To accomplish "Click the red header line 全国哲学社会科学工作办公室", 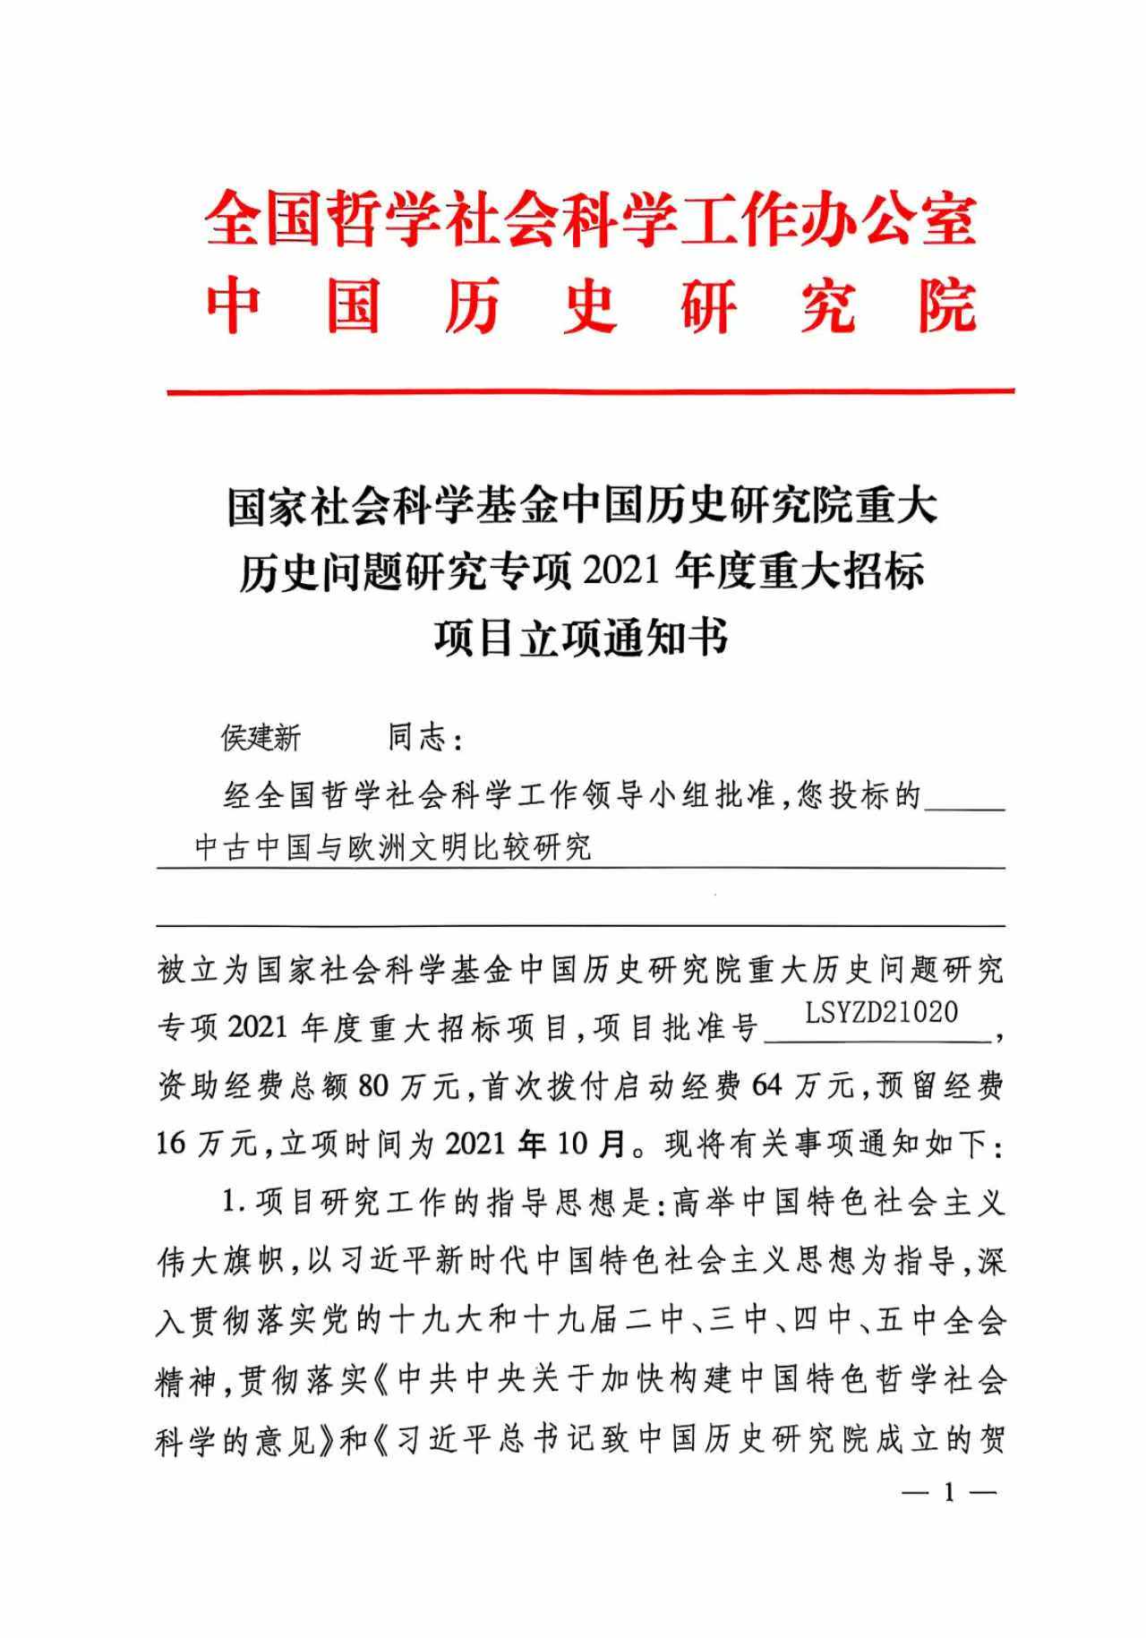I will click(x=590, y=219).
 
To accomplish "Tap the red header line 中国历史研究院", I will click(x=590, y=306).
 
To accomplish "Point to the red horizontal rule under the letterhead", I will click(x=590, y=391).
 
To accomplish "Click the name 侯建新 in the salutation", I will click(x=261, y=738).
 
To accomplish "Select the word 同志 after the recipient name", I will click(x=417, y=738).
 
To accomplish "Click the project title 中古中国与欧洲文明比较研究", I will click(x=393, y=847).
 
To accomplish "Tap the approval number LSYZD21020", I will click(x=881, y=1013).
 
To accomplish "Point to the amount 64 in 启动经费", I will click(x=768, y=1087).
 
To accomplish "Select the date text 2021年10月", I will click(x=535, y=1145).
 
